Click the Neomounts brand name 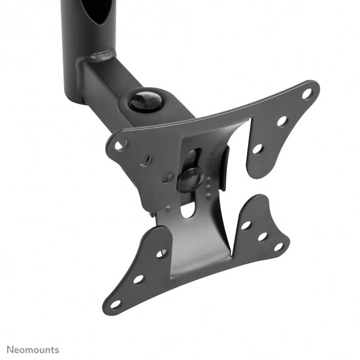point(33,349)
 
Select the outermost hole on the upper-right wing point(306,94)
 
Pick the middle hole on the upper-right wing point(281,121)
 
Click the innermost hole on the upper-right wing point(258,148)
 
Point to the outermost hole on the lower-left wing point(115,304)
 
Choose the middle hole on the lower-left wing point(138,279)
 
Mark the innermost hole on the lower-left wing point(161,254)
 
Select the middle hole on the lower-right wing point(262,236)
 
